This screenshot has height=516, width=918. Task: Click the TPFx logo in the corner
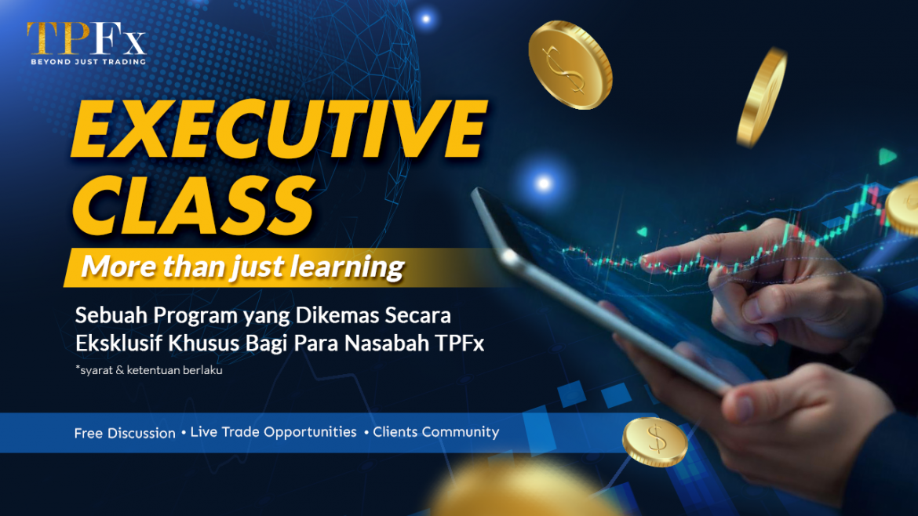(x=85, y=38)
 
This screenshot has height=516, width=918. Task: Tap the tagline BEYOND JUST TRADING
(x=86, y=61)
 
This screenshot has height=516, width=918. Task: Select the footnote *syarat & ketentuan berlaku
(x=148, y=370)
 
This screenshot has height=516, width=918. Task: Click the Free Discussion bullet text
(x=125, y=433)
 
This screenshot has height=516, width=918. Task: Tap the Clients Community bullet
(x=435, y=432)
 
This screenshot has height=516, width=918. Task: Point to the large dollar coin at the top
(x=570, y=64)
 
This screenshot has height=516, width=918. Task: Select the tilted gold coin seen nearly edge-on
(x=762, y=96)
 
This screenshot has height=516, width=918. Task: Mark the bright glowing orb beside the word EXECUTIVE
(x=542, y=184)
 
